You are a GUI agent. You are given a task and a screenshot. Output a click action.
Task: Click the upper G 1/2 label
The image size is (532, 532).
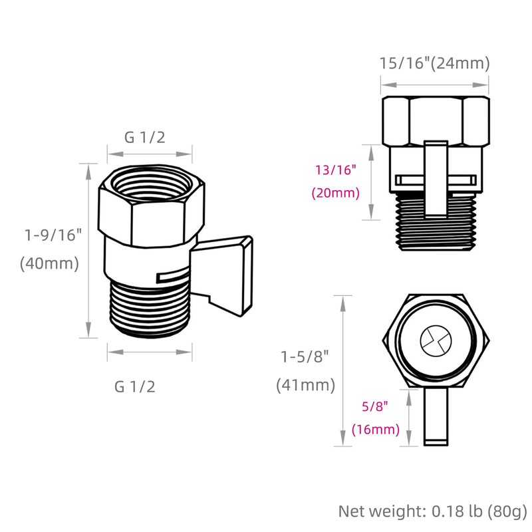(x=144, y=137)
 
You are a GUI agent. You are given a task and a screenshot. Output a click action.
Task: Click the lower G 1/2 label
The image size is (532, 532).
(x=135, y=386)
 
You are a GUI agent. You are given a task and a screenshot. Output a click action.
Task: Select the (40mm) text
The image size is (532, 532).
(x=49, y=263)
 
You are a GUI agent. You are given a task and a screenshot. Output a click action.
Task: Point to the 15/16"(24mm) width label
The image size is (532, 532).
(x=434, y=64)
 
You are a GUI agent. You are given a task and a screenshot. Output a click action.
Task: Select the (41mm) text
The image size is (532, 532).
(x=306, y=385)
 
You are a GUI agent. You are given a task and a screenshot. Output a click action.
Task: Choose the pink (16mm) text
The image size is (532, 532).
(x=376, y=430)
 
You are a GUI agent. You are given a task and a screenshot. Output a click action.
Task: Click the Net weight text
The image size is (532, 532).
(x=433, y=511)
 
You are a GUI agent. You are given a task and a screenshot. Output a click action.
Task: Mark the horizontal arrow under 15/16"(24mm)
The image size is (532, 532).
(x=434, y=85)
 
